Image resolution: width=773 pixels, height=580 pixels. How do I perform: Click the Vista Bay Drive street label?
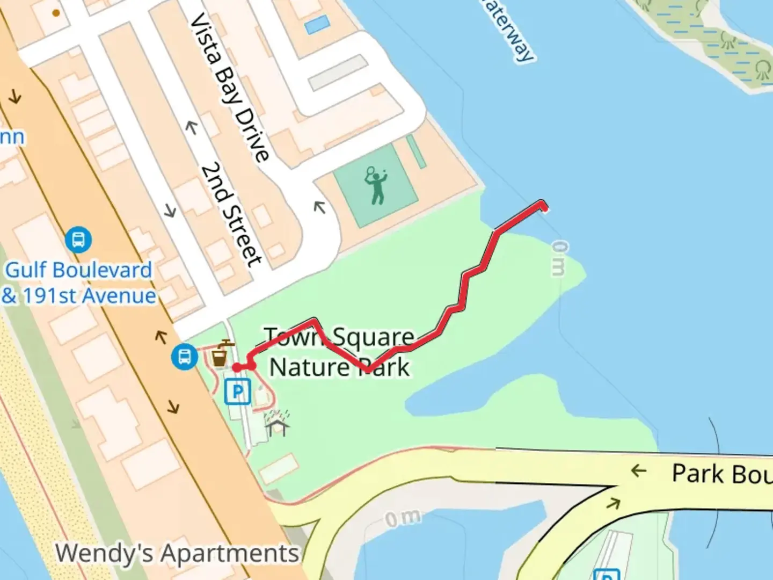[230, 87]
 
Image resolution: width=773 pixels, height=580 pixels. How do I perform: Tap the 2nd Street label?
[232, 214]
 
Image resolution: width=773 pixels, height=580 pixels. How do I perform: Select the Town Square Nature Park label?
[339, 352]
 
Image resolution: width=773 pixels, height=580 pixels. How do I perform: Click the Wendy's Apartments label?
[177, 553]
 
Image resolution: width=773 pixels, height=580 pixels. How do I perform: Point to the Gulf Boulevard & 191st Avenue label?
[79, 282]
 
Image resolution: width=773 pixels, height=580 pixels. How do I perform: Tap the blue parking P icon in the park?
[237, 391]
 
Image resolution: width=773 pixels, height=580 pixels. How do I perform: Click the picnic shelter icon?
[277, 424]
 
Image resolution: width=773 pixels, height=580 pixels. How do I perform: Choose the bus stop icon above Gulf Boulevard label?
[78, 240]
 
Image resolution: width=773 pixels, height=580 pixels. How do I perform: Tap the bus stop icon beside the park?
[184, 356]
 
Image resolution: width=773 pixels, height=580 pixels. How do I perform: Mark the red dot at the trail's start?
[237, 367]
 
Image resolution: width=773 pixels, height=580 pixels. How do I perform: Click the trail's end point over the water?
[543, 205]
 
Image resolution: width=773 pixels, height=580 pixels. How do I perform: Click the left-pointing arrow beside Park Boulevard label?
[638, 471]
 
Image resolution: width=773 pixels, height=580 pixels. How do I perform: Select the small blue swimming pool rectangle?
[317, 24]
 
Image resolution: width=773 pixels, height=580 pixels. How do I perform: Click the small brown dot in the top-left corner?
[56, 13]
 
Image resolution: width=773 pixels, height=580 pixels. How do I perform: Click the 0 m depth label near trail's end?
[559, 258]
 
